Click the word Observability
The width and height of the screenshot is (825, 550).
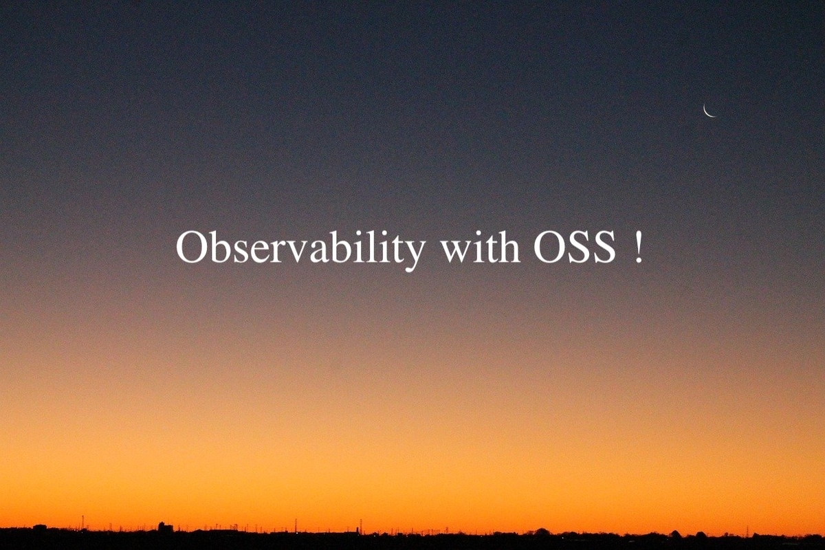[300, 248]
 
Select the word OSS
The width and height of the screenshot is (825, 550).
[575, 247]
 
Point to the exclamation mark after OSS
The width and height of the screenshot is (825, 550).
[638, 247]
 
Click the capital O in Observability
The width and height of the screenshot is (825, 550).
[191, 247]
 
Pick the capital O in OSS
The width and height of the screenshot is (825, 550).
[549, 247]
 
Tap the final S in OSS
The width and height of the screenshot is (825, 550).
[605, 247]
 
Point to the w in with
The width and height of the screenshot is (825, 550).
[456, 252]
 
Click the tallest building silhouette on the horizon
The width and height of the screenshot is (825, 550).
[165, 527]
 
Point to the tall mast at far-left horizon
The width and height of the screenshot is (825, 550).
[82, 522]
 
